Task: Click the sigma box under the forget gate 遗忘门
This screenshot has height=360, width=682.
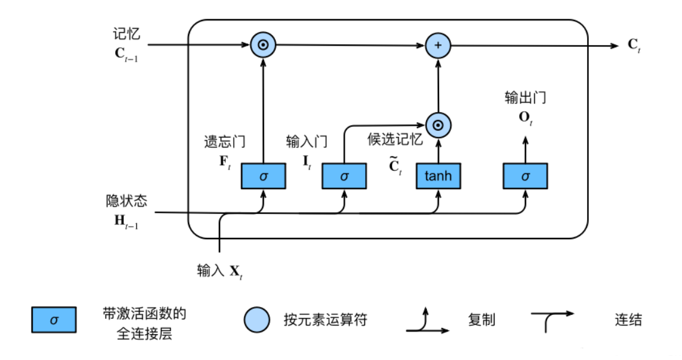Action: point(263,176)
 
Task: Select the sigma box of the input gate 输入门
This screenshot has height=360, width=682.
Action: point(344,176)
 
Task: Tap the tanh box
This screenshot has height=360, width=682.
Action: point(438,176)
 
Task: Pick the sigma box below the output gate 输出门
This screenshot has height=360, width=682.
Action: point(525,176)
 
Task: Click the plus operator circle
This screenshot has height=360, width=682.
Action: point(438,45)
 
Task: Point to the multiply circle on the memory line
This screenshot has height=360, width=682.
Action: point(263,45)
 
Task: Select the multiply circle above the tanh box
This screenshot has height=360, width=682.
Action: point(438,125)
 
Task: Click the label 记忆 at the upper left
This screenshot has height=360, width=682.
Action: point(126,33)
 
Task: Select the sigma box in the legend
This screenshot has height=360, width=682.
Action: point(54,320)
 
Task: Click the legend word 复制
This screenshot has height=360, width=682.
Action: point(482,320)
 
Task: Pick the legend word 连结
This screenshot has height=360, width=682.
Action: point(628,320)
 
